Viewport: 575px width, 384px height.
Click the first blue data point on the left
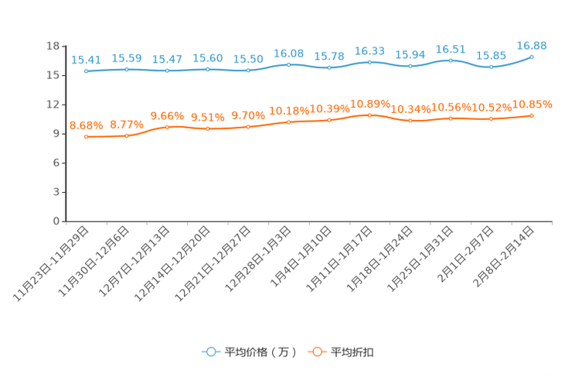tap(87, 71)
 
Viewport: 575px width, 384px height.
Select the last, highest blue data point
tap(532, 57)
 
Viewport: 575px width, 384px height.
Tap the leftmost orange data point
tap(87, 137)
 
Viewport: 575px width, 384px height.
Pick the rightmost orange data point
tap(532, 115)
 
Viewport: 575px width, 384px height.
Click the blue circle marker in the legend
tap(211, 351)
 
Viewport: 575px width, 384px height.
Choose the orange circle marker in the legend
tap(317, 351)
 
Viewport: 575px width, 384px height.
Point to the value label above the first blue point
tap(85, 60)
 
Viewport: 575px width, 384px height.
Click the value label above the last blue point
tap(532, 46)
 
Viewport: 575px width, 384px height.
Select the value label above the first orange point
tap(85, 125)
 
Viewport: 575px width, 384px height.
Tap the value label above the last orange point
tap(532, 105)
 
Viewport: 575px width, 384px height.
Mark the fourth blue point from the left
tap(208, 70)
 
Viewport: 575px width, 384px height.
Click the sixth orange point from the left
tap(288, 122)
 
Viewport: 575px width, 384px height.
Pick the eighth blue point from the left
tap(369, 61)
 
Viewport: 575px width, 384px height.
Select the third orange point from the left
tap(168, 127)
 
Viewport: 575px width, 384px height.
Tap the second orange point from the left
tap(127, 136)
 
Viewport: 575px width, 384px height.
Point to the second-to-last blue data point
tap(491, 67)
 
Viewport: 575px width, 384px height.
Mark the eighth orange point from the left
tap(369, 115)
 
